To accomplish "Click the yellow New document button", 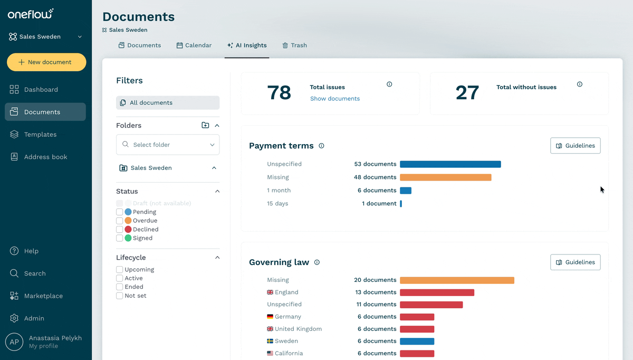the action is [46, 62].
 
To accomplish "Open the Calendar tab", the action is [194, 45].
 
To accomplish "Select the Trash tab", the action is [294, 45].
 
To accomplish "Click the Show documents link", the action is [335, 98].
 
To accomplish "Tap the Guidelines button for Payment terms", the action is [576, 146].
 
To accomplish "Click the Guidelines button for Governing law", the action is [576, 262].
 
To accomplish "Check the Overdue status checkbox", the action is [120, 221].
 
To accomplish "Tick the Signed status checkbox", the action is [120, 238].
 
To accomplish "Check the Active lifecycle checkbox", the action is [120, 278].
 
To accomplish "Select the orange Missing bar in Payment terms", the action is [446, 177].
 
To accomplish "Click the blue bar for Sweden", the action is [417, 342].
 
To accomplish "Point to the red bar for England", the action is [437, 292].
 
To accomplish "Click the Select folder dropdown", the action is [168, 145].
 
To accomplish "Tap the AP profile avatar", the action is [14, 342].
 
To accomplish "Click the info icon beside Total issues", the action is [389, 84].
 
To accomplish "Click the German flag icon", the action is [270, 317].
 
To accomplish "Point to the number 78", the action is [279, 93].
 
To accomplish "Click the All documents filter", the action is [168, 102].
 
